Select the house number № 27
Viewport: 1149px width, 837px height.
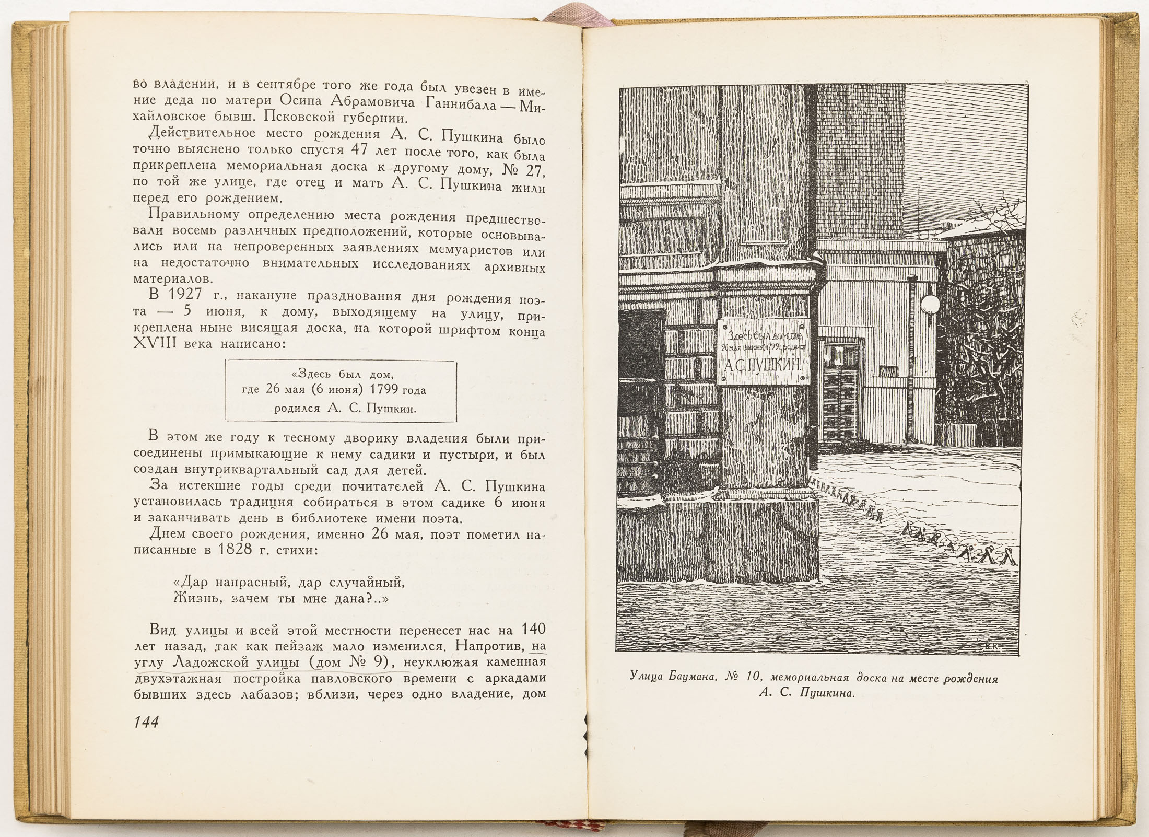(x=521, y=168)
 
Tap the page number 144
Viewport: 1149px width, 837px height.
(x=146, y=723)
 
